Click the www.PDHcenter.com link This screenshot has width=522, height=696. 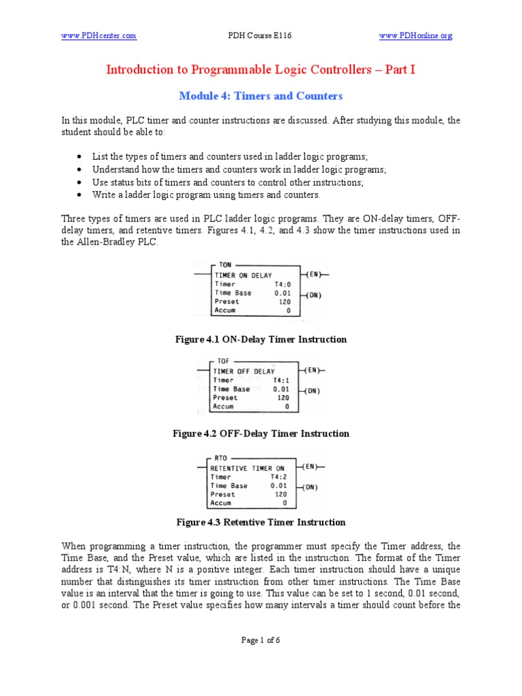click(x=99, y=35)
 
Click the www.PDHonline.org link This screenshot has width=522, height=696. click(x=415, y=35)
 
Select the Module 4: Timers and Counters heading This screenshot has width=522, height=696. click(x=260, y=96)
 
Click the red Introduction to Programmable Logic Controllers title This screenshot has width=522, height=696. click(x=260, y=70)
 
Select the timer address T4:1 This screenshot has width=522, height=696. click(x=281, y=381)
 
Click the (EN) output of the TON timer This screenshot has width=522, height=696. click(x=313, y=275)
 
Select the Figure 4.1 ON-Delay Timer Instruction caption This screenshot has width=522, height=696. click(x=260, y=339)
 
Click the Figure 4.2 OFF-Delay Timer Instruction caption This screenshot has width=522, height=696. click(x=260, y=434)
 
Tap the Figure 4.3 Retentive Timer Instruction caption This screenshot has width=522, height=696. click(x=260, y=523)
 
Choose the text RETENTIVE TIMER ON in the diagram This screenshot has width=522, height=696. click(x=247, y=468)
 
